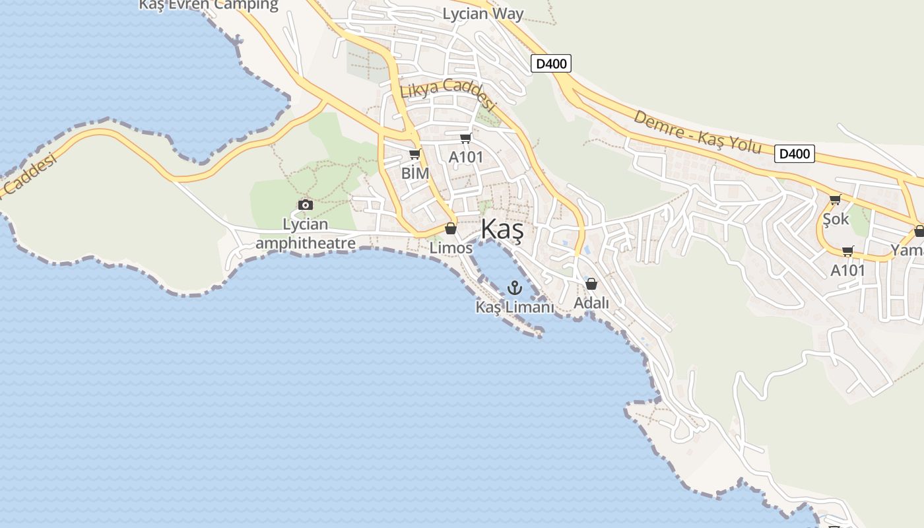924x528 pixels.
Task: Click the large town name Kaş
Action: pyautogui.click(x=502, y=230)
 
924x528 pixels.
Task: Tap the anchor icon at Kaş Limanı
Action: pyautogui.click(x=514, y=287)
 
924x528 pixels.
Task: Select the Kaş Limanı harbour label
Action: pyautogui.click(x=515, y=307)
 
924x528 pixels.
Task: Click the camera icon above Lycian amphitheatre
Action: pyautogui.click(x=305, y=205)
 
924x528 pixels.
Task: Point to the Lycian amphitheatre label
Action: pyautogui.click(x=306, y=234)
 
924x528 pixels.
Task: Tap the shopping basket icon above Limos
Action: pyautogui.click(x=451, y=228)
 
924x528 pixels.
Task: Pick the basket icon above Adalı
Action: pyautogui.click(x=591, y=284)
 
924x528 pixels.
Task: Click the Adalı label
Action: pyautogui.click(x=591, y=303)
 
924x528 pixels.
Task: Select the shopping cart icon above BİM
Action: pyautogui.click(x=414, y=154)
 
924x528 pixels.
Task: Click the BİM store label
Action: pyautogui.click(x=415, y=174)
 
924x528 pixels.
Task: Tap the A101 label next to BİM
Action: pyautogui.click(x=466, y=158)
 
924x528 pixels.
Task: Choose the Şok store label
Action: pyautogui.click(x=836, y=218)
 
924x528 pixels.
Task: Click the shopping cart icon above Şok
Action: pyautogui.click(x=835, y=199)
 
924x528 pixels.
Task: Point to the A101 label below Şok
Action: pyautogui.click(x=847, y=271)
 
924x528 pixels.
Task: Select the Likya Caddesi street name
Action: pyautogui.click(x=447, y=93)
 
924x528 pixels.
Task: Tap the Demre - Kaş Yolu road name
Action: pyautogui.click(x=697, y=132)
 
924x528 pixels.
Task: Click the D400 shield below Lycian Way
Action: pyautogui.click(x=550, y=63)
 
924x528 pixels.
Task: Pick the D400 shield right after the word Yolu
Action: pyautogui.click(x=795, y=154)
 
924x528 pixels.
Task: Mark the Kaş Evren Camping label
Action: pyautogui.click(x=209, y=5)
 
